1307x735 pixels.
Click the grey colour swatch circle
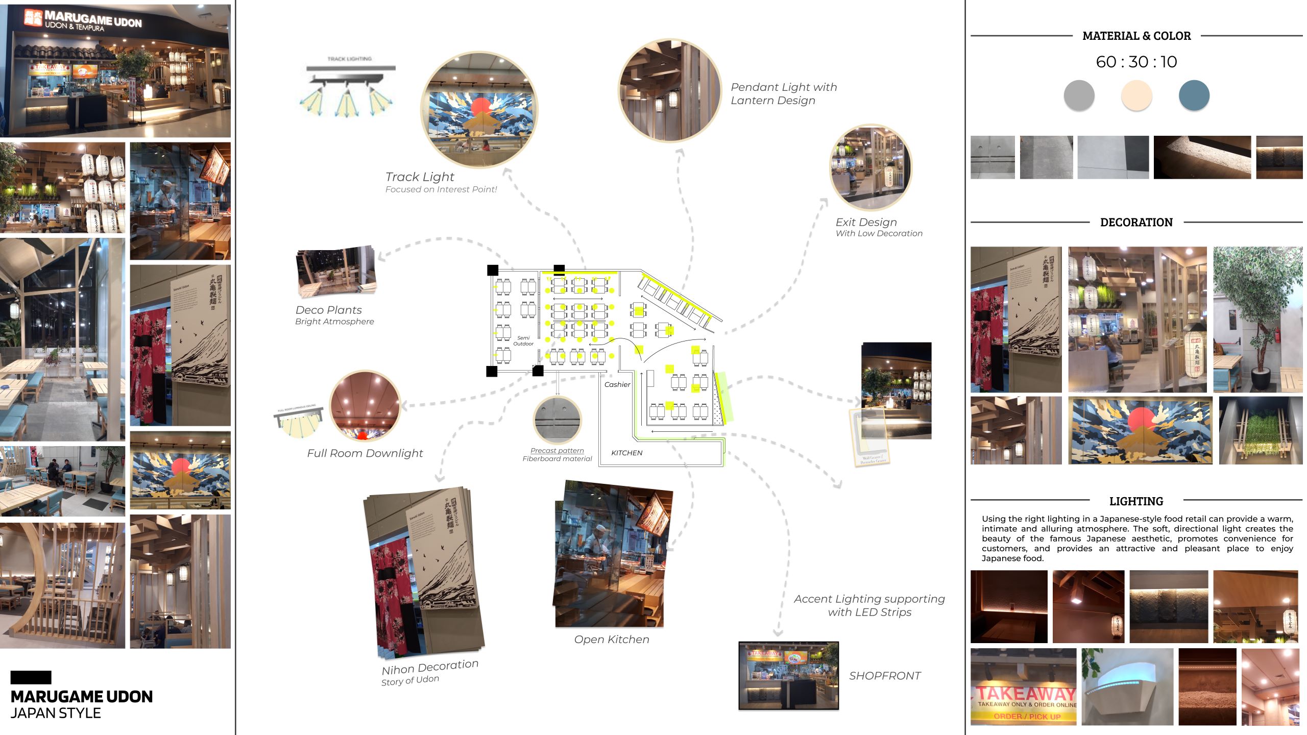pos(1079,95)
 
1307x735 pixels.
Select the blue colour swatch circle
pos(1194,95)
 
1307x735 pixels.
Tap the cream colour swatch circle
pos(1136,95)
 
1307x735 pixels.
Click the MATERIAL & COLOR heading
pos(1136,36)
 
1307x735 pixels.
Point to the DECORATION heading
pos(1136,223)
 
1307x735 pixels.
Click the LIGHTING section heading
pos(1136,501)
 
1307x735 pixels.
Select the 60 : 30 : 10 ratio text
pos(1136,62)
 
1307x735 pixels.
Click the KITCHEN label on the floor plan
pos(627,453)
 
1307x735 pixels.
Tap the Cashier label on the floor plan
pos(617,385)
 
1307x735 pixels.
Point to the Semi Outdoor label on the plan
pos(523,341)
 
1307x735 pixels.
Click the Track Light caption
pos(420,177)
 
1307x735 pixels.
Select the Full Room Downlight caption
pos(365,453)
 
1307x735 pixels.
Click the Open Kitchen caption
pos(612,640)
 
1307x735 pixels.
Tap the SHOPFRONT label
pos(885,676)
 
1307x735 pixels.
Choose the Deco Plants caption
pos(329,310)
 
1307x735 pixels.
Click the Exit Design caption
pos(866,223)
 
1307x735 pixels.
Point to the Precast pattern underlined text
pos(557,451)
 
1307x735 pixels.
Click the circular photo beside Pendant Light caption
pos(670,90)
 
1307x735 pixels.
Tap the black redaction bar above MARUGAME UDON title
pos(31,677)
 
